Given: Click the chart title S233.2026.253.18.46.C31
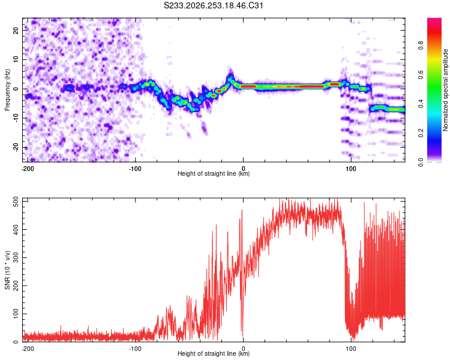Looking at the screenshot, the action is (213, 5).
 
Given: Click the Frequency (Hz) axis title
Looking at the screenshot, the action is (7, 90).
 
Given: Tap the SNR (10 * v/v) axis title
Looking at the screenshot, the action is (7, 270).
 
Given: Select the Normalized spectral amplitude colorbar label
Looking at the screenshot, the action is (445, 90).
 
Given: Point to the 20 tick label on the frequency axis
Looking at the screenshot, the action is (16, 31).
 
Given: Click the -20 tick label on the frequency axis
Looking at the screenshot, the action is (16, 147).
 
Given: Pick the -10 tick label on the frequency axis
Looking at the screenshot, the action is (16, 118).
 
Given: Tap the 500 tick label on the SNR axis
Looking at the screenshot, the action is (16, 202).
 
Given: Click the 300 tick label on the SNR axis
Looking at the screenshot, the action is (16, 257).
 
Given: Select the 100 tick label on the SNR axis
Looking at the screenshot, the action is (16, 314).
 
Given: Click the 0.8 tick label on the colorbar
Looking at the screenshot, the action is (421, 46).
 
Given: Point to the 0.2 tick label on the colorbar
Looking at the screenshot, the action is (421, 133).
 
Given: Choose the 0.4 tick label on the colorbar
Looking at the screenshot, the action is (421, 104).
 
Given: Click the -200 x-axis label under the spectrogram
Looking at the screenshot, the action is (28, 169).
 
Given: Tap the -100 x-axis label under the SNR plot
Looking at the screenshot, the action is (135, 349).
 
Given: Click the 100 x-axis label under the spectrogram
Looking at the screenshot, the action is (351, 169).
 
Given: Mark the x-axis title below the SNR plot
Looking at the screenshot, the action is (214, 353).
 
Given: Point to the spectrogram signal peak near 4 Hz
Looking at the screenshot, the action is (230, 76).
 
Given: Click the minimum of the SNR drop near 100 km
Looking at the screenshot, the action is (353, 338).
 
